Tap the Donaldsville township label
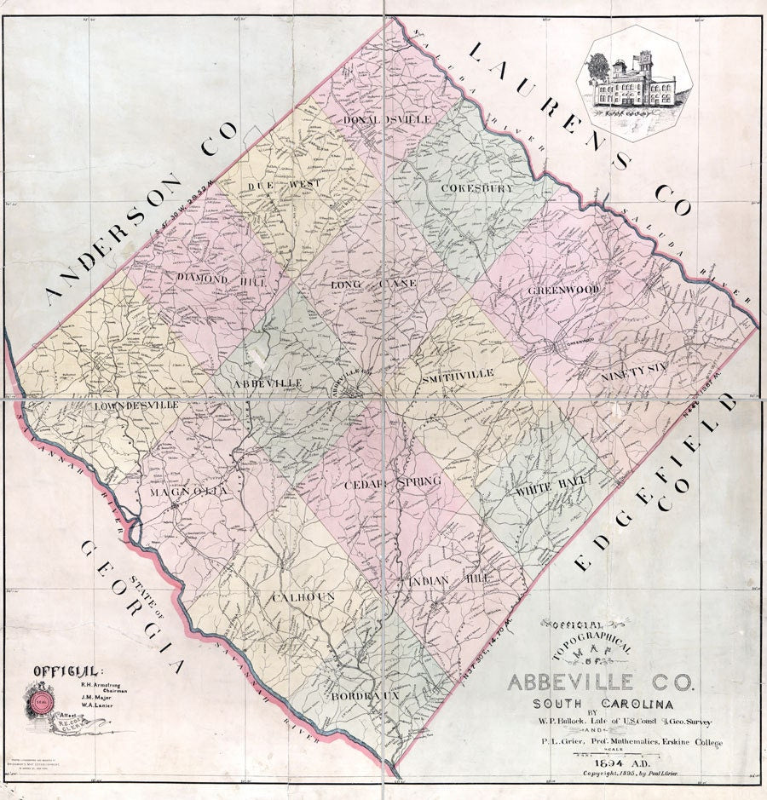tap(388, 120)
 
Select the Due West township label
tap(279, 184)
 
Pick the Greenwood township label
tap(562, 290)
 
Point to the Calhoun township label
tap(303, 598)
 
